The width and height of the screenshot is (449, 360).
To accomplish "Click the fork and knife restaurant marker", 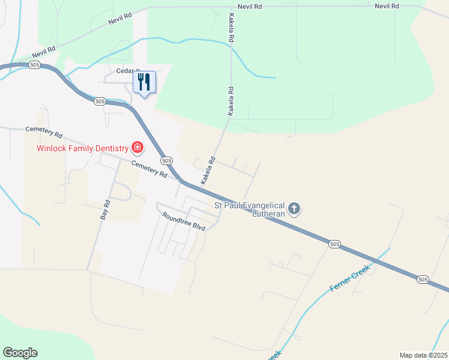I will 144,82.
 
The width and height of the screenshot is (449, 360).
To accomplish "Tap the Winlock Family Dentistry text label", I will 83,148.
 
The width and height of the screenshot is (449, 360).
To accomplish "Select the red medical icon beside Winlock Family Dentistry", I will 137,148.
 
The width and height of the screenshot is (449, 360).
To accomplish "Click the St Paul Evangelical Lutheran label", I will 251,209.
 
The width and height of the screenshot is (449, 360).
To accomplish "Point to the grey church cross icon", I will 294,209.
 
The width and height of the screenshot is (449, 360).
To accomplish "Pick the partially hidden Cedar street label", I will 127,71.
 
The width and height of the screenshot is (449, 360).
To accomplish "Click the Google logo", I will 20,353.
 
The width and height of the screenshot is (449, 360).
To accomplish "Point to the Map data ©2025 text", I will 423,355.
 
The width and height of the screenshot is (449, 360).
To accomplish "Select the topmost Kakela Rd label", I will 231,28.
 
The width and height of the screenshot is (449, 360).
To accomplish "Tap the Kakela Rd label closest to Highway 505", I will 208,170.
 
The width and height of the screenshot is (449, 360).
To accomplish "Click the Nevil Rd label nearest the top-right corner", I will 387,6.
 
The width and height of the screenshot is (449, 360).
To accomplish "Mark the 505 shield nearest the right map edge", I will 423,280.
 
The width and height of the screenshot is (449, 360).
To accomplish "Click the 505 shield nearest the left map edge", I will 34,65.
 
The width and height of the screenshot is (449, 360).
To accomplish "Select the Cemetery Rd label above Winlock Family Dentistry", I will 44,130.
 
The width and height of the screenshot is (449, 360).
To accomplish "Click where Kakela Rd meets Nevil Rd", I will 231,7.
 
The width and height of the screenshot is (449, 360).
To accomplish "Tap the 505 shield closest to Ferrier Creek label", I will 334,244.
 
